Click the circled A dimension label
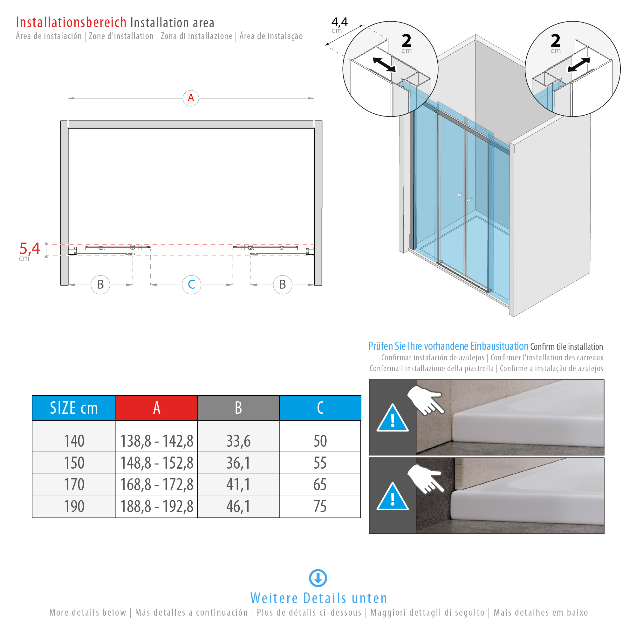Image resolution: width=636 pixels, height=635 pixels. pos(191,98)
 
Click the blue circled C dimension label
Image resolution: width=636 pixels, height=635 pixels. pos(191,284)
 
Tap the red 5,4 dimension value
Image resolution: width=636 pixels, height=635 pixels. pos(30,249)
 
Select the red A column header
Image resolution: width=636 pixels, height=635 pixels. pos(157,408)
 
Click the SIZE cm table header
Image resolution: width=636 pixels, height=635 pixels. pos(74,408)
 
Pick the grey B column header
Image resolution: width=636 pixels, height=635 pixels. pos(238,408)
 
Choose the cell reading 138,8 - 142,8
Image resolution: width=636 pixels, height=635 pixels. pos(157,441)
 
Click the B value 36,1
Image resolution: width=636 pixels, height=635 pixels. pos(238,463)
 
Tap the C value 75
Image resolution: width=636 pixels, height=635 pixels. pos(320,506)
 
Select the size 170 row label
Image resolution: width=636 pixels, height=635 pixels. pos(74,485)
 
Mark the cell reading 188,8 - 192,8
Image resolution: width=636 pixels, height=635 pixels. pos(157,506)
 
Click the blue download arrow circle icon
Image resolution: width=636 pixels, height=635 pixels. pos(318,578)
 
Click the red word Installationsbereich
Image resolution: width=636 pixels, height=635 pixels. pos(71,23)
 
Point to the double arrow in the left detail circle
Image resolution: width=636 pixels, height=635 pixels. pos(384,64)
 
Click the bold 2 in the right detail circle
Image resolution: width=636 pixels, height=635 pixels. pos(555,41)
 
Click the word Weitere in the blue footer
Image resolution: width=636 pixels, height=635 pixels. pos(274,598)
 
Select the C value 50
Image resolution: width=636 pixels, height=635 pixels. pos(320,441)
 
